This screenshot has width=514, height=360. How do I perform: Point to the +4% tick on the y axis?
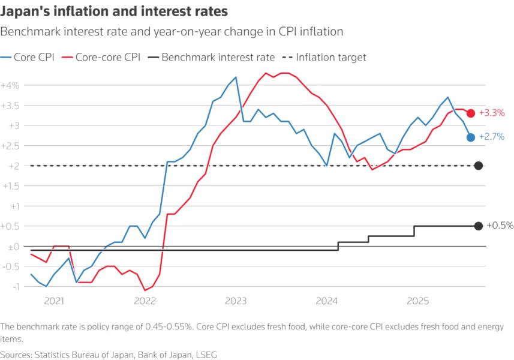coord(11,85)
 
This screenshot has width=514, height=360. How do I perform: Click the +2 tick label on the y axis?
coord(12,166)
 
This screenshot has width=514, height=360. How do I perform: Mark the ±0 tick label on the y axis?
coord(12,247)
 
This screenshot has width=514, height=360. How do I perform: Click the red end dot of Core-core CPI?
coord(471,113)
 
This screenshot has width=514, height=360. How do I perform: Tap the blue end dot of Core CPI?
coord(471,137)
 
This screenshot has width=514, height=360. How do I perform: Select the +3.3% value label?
coord(491,113)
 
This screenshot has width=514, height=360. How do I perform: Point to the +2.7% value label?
coord(491,137)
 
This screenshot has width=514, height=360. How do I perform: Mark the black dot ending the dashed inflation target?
coord(478,166)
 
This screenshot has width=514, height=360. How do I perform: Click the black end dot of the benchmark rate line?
coord(478,226)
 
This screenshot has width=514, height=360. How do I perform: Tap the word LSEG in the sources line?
coord(205,355)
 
